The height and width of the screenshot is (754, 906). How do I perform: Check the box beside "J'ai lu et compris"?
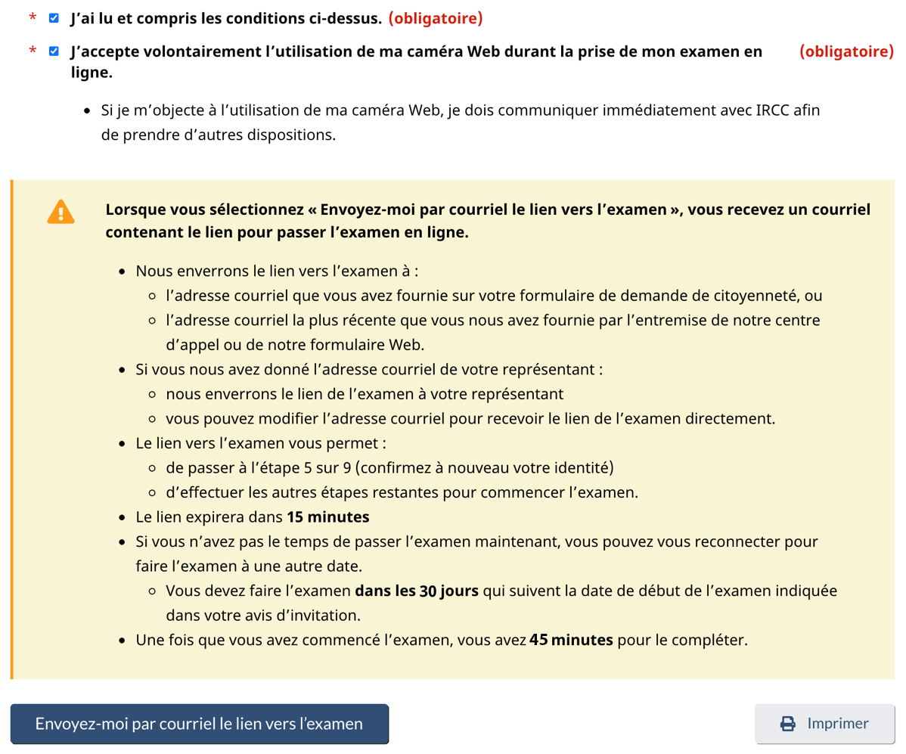tap(54, 18)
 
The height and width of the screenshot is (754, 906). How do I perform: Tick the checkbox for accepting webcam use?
tap(54, 51)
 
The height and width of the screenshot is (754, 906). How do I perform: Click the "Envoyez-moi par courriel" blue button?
tap(199, 724)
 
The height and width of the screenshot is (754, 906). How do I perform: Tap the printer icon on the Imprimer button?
tap(787, 724)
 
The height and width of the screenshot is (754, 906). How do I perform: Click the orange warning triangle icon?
tap(61, 211)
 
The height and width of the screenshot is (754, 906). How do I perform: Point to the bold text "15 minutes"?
tap(327, 518)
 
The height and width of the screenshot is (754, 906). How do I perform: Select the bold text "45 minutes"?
tap(571, 641)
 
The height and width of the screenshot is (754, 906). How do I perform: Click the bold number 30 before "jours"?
tap(427, 591)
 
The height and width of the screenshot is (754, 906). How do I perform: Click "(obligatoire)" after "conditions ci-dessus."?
tap(436, 18)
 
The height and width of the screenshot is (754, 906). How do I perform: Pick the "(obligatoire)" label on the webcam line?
tap(846, 51)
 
